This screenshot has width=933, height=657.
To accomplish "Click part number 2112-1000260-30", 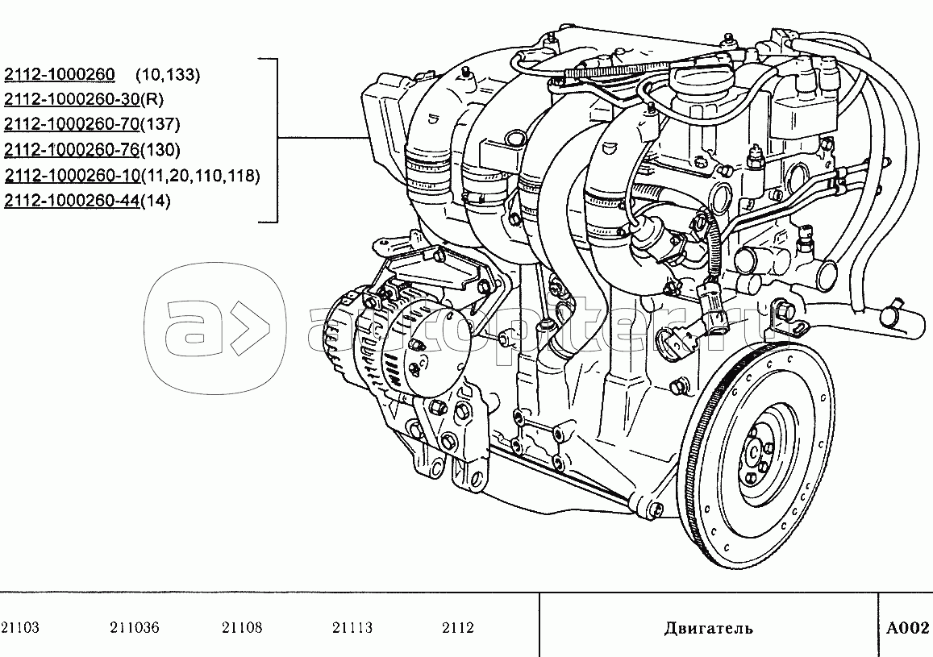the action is pyautogui.click(x=72, y=99).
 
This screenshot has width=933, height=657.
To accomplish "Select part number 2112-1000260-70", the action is pyautogui.click(x=72, y=124).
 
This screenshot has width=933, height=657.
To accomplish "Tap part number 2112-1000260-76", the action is pyautogui.click(x=72, y=150).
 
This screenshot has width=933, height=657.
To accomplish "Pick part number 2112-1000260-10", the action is pyautogui.click(x=72, y=176).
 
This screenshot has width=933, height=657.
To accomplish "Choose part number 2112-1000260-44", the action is pyautogui.click(x=72, y=201).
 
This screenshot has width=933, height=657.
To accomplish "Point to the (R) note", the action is pyautogui.click(x=152, y=99).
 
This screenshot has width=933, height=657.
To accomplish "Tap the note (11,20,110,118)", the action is pyautogui.click(x=201, y=176).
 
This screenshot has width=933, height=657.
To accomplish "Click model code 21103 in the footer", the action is pyautogui.click(x=20, y=628).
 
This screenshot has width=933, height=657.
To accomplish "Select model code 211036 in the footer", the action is pyautogui.click(x=135, y=628).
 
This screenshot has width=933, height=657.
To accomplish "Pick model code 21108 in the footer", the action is pyautogui.click(x=242, y=628).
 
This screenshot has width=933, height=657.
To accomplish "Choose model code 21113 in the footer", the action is pyautogui.click(x=352, y=628).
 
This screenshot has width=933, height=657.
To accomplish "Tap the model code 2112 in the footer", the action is pyautogui.click(x=458, y=628).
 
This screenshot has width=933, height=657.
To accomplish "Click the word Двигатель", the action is pyautogui.click(x=709, y=629).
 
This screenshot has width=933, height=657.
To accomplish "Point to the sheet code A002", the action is pyautogui.click(x=907, y=628).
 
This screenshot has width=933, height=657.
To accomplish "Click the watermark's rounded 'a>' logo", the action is pyautogui.click(x=215, y=329).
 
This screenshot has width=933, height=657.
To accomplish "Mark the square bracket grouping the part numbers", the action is pyautogui.click(x=276, y=140).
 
